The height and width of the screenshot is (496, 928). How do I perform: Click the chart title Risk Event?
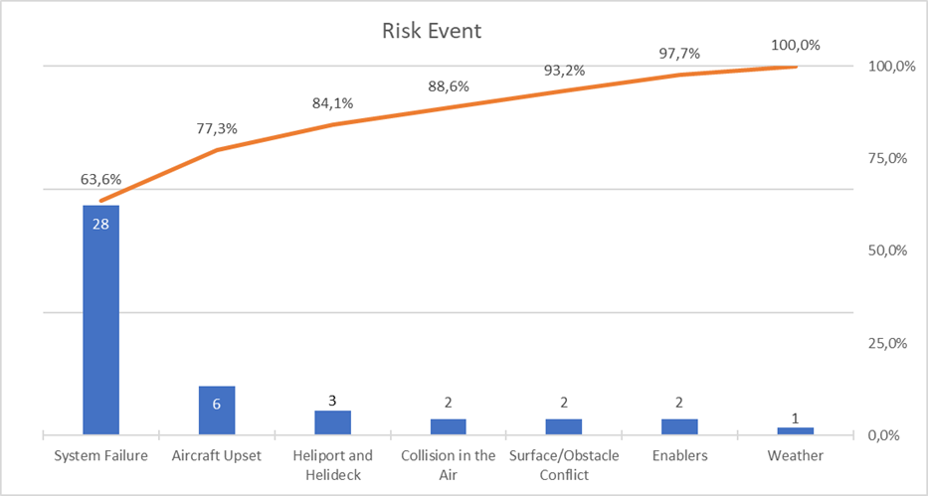click(432, 31)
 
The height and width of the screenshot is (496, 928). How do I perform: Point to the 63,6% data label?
click(100, 180)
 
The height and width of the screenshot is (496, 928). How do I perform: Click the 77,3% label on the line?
click(216, 129)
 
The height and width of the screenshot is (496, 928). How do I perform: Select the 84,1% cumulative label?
click(332, 103)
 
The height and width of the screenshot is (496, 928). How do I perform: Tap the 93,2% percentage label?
click(564, 72)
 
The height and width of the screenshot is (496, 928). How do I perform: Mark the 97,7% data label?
click(680, 53)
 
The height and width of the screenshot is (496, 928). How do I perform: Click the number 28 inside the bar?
click(100, 224)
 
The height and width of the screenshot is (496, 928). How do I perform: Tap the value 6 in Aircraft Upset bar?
click(217, 404)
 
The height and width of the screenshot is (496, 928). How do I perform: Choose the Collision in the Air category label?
click(448, 465)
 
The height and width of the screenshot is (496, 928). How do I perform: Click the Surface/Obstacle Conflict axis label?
click(564, 465)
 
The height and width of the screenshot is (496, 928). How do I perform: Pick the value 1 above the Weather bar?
click(796, 418)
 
